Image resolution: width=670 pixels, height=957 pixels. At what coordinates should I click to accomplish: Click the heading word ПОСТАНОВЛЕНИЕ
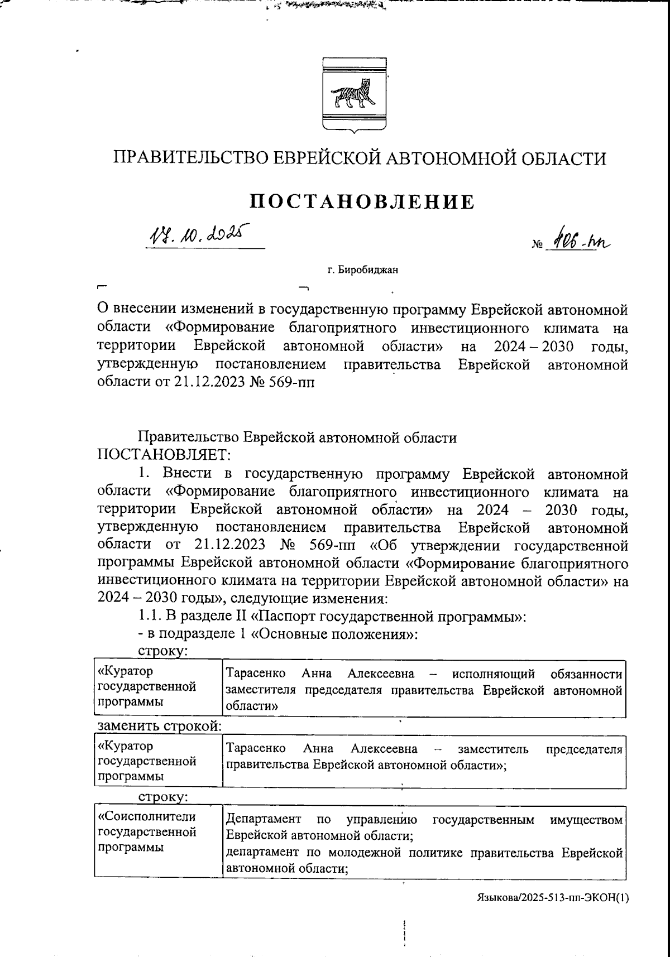pos(362,201)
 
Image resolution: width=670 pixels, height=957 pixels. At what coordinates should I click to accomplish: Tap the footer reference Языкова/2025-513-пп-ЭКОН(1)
pos(553,898)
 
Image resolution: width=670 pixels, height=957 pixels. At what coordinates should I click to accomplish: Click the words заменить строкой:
pos(160,727)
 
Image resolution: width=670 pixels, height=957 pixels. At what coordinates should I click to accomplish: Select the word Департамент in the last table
pos(264,820)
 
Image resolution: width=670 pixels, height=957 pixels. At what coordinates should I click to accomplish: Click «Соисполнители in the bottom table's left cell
pos(147,817)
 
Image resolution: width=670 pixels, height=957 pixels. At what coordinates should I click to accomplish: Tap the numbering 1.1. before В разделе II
pos(149,617)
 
